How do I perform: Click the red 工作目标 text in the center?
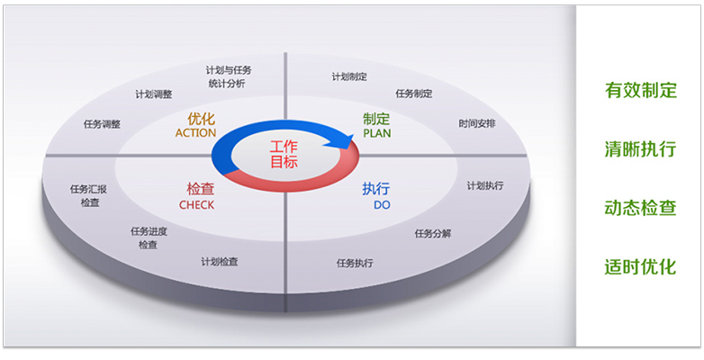pyautogui.click(x=284, y=154)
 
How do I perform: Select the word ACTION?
pyautogui.click(x=195, y=133)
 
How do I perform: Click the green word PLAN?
pyautogui.click(x=377, y=133)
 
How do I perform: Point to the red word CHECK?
pyautogui.click(x=196, y=205)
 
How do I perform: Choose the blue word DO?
pyautogui.click(x=382, y=205)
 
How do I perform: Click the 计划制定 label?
pyautogui.click(x=350, y=76)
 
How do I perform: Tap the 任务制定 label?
pyautogui.click(x=414, y=94)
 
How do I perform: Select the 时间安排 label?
pyautogui.click(x=477, y=123)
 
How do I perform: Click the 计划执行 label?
pyautogui.click(x=485, y=185)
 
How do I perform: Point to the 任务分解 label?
pyautogui.click(x=433, y=234)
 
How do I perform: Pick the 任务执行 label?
pyautogui.click(x=355, y=263)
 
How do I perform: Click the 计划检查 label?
pyautogui.click(x=219, y=262)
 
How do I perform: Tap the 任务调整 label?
pyautogui.click(x=102, y=124)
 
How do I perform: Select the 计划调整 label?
pyautogui.click(x=154, y=94)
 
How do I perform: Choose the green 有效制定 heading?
pyautogui.click(x=641, y=90)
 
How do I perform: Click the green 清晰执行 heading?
pyautogui.click(x=641, y=149)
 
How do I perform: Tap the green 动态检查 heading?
pyautogui.click(x=641, y=208)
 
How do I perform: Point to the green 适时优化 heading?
pyautogui.click(x=641, y=267)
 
